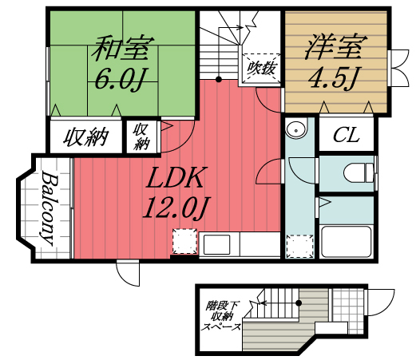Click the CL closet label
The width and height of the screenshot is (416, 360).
tap(347, 136)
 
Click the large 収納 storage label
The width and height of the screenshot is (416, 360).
tap(85, 136)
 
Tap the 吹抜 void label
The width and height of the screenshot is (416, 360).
tap(261, 69)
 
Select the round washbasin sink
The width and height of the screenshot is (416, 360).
tap(295, 128)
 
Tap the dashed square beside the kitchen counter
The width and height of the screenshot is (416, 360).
tap(184, 241)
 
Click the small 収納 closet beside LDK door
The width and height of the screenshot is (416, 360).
tap(142, 136)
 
